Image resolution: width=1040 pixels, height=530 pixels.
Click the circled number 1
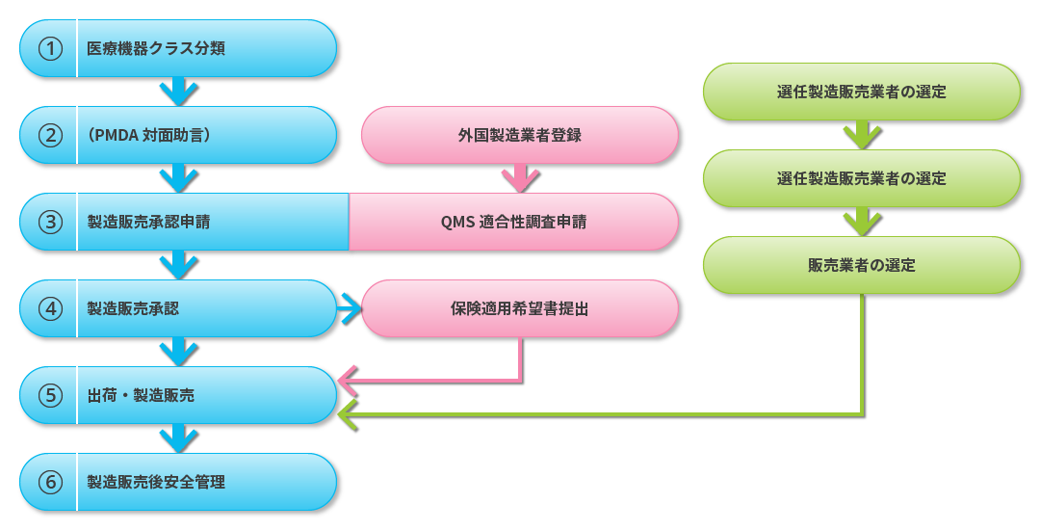click(50, 48)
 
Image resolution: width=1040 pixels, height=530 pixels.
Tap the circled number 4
click(50, 308)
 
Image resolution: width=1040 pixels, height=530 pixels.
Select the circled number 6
click(50, 482)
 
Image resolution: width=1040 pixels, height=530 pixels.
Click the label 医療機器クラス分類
click(156, 48)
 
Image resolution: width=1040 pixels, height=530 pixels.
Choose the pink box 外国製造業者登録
click(520, 135)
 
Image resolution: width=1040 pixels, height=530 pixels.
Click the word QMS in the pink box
click(457, 222)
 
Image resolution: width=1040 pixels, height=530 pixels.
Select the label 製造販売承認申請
click(148, 222)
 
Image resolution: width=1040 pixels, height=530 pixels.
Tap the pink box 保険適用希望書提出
click(520, 308)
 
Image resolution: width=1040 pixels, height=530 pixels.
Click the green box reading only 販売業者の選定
click(862, 265)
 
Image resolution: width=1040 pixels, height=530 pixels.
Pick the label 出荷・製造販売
click(141, 395)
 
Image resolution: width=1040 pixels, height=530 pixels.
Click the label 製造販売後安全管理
click(156, 482)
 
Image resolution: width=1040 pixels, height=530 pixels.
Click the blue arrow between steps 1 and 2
click(178, 92)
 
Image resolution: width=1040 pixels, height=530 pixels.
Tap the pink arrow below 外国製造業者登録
click(520, 178)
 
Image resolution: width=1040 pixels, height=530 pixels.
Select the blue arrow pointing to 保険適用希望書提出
click(350, 308)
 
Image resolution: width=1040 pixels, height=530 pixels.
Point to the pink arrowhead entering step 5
click(348, 384)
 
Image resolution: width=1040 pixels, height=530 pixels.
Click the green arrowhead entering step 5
click(348, 414)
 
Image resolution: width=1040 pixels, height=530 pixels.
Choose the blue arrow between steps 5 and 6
click(178, 438)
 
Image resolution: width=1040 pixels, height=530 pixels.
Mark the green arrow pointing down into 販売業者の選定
click(862, 222)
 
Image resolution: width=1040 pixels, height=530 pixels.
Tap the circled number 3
click(50, 222)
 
